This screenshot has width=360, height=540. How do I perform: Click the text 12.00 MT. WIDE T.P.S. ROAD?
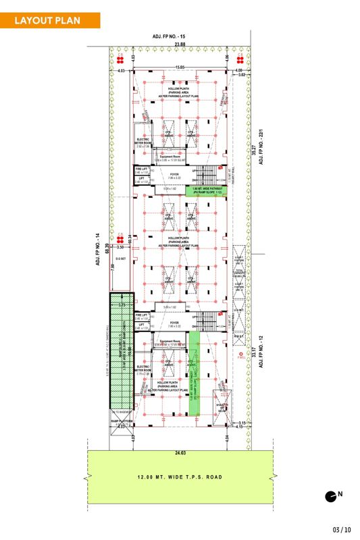point(180,477)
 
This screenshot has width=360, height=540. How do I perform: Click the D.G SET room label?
point(122,257)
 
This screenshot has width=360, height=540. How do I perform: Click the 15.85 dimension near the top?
point(180,67)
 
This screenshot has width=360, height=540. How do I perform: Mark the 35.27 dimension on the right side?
point(254,155)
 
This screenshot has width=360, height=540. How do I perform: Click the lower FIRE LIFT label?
point(141,315)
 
